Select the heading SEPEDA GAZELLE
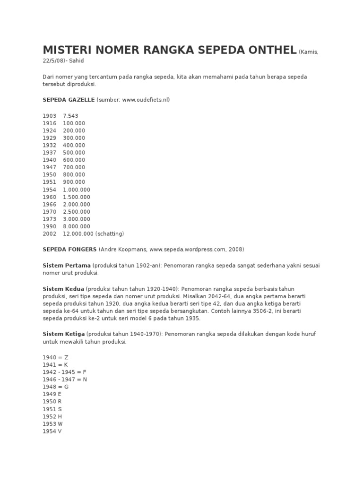click(69, 100)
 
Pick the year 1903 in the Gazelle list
click(49, 116)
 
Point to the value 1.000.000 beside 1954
click(76, 190)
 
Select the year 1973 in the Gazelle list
click(49, 219)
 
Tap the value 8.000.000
click(76, 226)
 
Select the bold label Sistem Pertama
click(67, 266)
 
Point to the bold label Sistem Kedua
click(63, 288)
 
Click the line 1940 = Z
click(56, 357)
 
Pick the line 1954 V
click(52, 432)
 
